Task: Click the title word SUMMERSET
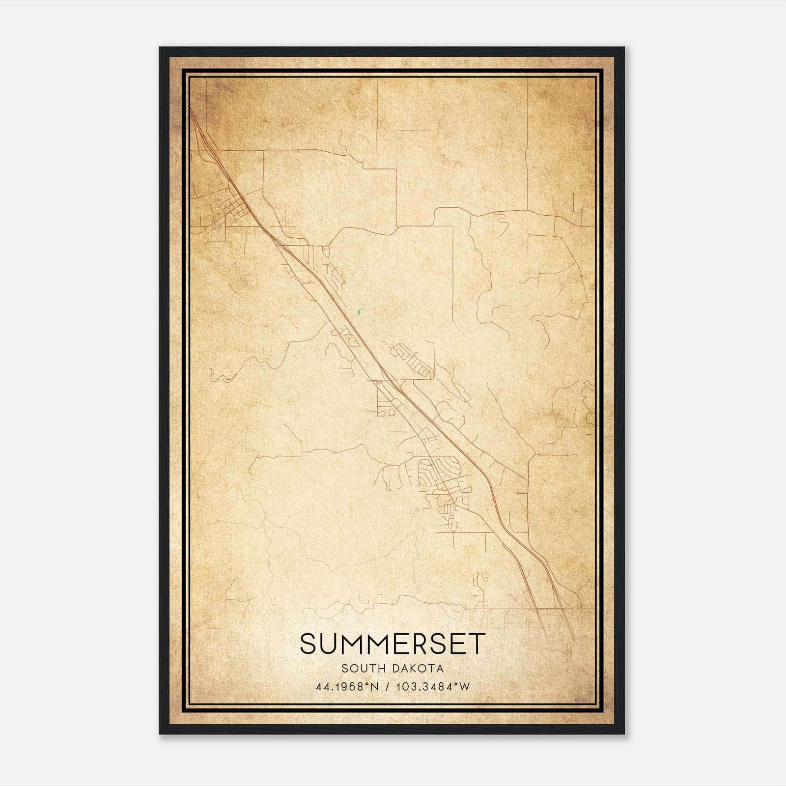[x=393, y=644]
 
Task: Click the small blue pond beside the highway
[x=359, y=311]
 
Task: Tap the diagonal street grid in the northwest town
[x=235, y=209]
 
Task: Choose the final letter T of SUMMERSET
[x=477, y=644]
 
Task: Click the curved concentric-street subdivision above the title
[x=440, y=472]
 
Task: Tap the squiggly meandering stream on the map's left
[x=219, y=376]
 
